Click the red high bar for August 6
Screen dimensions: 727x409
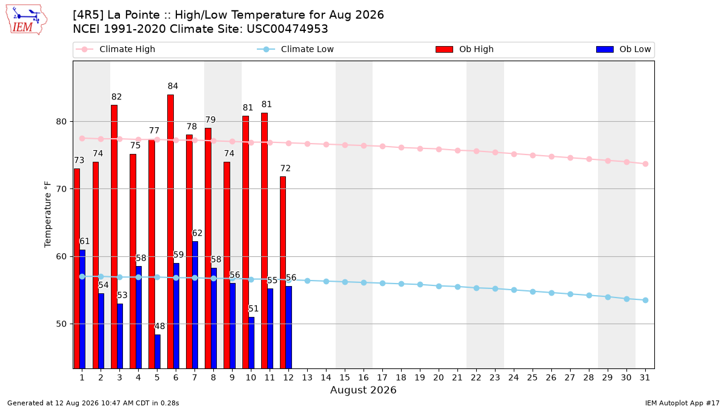pos(170,231)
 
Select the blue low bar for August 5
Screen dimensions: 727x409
pos(158,351)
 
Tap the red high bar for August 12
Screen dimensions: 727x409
pos(283,272)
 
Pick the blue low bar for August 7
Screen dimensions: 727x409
pos(195,305)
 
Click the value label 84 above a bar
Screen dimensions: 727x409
pos(173,86)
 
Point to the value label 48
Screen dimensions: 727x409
pos(160,326)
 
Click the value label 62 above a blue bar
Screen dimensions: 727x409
pos(198,233)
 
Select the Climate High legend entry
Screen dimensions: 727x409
pos(116,49)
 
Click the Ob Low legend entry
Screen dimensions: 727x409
pos(623,49)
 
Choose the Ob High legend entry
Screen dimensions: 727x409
pos(465,49)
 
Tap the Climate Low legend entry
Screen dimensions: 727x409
pos(296,49)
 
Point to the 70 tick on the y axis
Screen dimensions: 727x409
pos(61,189)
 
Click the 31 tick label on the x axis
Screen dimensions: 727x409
pos(645,377)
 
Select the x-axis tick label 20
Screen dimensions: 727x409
pos(439,377)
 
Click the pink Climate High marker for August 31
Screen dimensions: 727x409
pos(646,164)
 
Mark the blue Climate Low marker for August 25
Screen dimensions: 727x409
pos(533,292)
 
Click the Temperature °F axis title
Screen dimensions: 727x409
pos(48,214)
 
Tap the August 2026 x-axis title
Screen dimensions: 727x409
pos(363,390)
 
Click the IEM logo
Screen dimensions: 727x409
pos(27,20)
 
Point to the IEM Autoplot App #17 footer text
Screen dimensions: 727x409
pos(682,403)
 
